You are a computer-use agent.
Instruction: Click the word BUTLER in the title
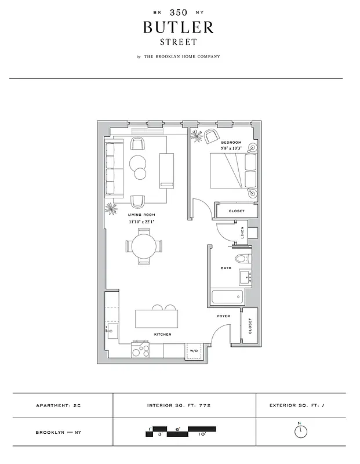(179, 27)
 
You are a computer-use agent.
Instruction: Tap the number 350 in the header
(179, 12)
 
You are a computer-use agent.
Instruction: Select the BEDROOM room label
(230, 142)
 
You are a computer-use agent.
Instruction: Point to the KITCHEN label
(162, 334)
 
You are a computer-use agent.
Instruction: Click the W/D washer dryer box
(193, 350)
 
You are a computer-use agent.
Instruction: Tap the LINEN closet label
(242, 233)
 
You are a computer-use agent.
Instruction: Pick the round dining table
(142, 246)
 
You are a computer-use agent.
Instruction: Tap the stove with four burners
(140, 350)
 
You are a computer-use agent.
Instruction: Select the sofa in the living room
(112, 168)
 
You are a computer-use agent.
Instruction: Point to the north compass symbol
(300, 432)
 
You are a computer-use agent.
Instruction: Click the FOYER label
(224, 316)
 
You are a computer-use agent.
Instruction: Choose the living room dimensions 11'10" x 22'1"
(141, 222)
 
